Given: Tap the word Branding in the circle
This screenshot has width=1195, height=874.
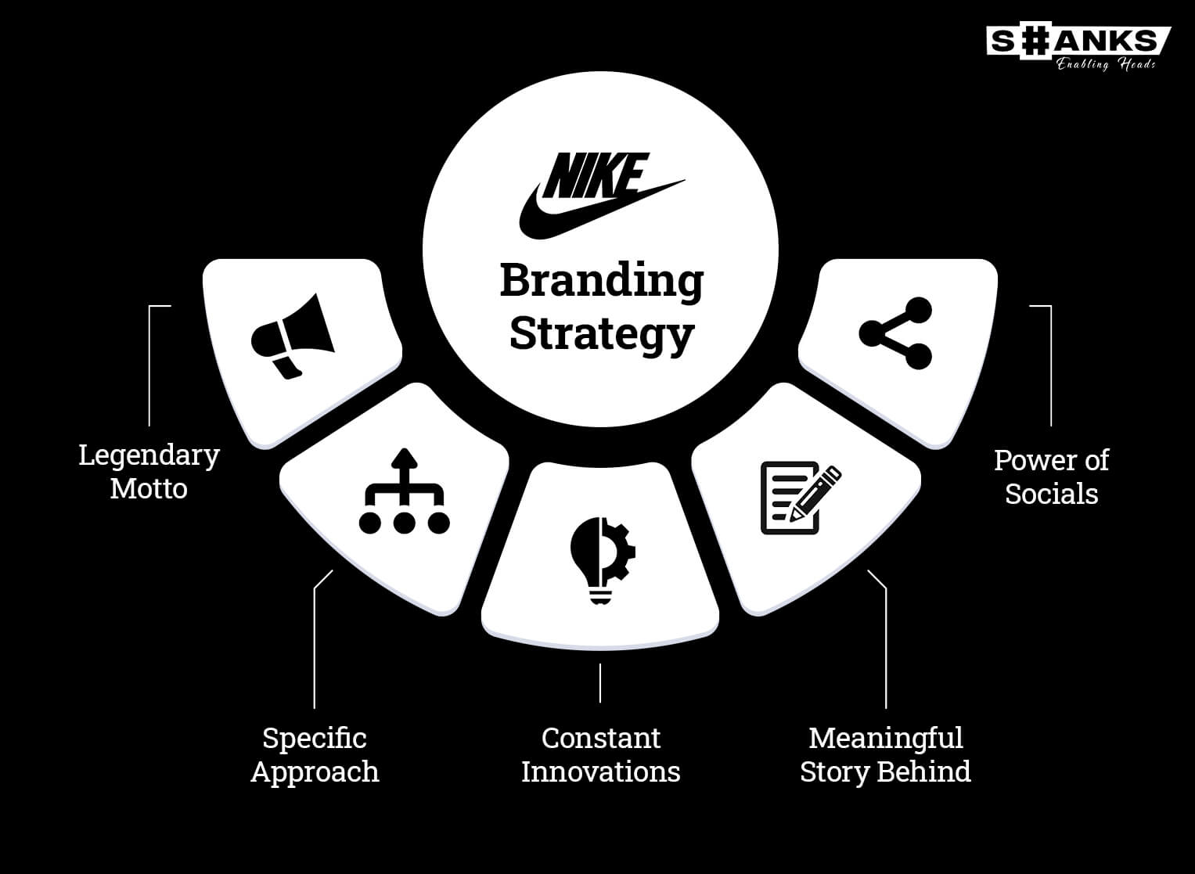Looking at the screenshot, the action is [x=602, y=282].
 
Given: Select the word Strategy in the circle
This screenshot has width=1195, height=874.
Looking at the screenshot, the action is [x=602, y=335].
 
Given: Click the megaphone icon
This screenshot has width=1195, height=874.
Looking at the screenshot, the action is [x=293, y=336].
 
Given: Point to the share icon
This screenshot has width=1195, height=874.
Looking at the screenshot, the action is [x=896, y=333].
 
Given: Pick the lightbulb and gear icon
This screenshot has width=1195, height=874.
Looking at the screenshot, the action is [x=603, y=560].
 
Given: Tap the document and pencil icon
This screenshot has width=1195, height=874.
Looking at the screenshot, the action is [x=801, y=498].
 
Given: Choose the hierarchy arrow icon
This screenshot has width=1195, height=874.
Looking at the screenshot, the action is [x=405, y=491].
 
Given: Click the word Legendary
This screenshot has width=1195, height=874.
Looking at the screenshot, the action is [x=149, y=456].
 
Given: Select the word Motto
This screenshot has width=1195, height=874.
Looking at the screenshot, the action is [x=149, y=489].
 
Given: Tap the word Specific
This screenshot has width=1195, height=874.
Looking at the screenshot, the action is [x=315, y=739].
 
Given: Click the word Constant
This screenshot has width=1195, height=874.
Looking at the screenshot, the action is [x=601, y=739].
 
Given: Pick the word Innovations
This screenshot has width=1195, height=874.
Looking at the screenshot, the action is [x=601, y=771].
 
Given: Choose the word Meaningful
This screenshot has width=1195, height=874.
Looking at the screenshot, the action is [x=886, y=739].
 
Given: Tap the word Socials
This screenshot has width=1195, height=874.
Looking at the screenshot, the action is [x=1052, y=494].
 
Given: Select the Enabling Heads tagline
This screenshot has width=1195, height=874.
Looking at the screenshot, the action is [x=1106, y=64].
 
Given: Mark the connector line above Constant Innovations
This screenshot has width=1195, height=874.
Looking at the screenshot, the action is [x=600, y=683].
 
